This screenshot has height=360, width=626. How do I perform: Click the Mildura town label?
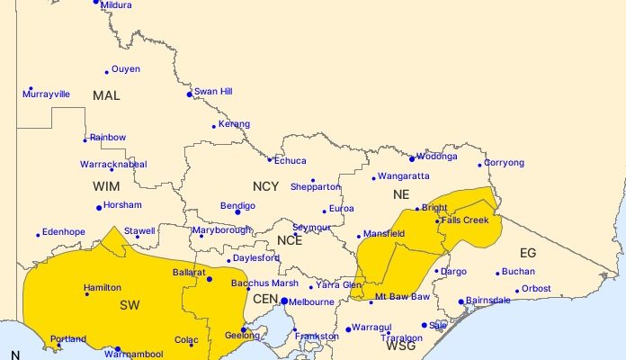coord(118,6)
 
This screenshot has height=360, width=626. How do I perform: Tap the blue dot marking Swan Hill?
coord(189,94)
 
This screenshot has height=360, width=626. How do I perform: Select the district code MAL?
coord(105,95)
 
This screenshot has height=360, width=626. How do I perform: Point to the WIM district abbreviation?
coord(105,186)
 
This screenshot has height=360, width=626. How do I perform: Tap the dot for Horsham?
coord(99,208)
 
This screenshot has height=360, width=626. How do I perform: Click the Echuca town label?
coord(290,161)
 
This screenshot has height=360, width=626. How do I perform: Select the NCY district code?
coord(265,186)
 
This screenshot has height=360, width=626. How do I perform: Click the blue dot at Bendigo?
coord(237,212)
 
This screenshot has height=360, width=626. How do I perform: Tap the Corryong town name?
coord(504,163)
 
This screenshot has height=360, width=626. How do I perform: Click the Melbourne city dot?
coord(284,301)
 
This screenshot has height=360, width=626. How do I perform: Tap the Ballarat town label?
coord(190,271)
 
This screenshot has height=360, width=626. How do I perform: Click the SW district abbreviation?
coord(130,306)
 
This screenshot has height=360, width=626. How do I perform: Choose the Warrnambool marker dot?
coord(117,349)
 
